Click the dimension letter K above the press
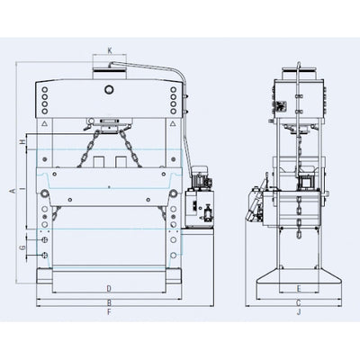(109, 51)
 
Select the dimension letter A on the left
(10, 191)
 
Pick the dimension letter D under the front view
(109, 288)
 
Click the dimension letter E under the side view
(298, 288)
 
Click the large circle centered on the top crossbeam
(109, 91)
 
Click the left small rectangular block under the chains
(96, 163)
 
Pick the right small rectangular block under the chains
(121, 163)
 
